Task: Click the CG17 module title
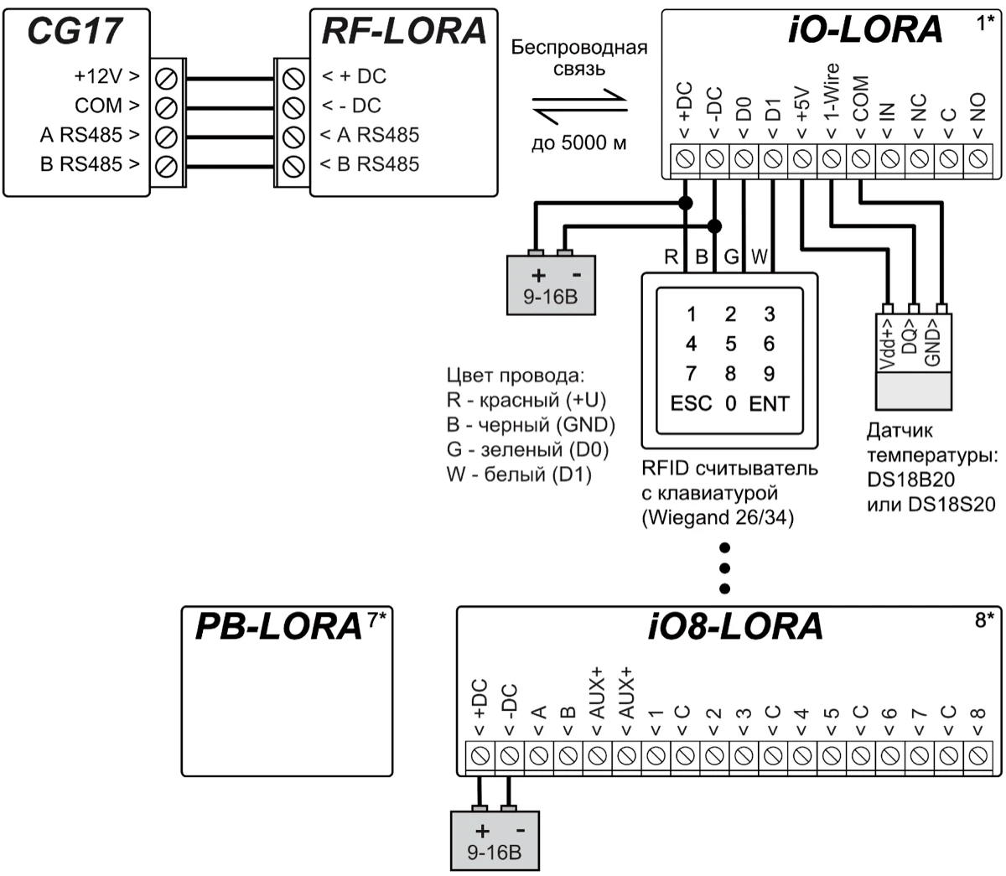click(x=75, y=30)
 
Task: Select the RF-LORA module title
click(x=403, y=30)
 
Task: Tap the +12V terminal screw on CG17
click(x=166, y=77)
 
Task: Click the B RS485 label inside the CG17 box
click(x=90, y=164)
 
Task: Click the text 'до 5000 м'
click(x=579, y=143)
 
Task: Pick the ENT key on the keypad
click(x=769, y=404)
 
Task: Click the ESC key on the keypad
click(x=692, y=404)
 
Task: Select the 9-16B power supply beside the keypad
click(x=551, y=284)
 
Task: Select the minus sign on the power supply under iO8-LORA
click(x=521, y=831)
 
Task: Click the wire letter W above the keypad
click(x=759, y=257)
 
